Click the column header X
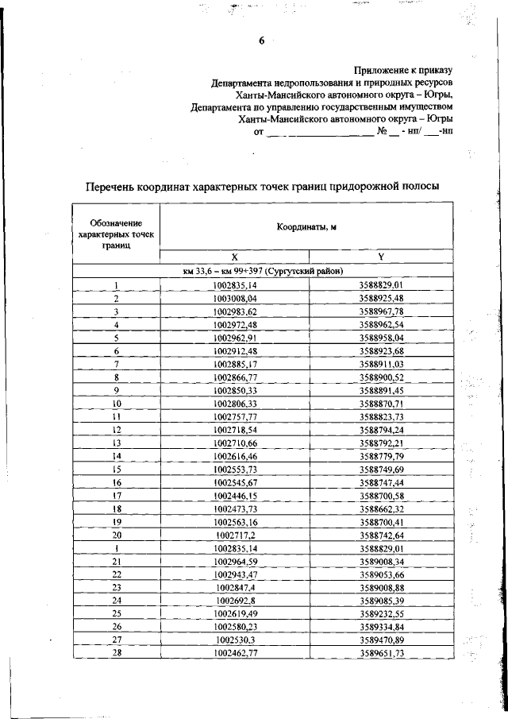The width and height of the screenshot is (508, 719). coord(235,257)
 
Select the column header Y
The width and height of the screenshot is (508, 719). coord(381,257)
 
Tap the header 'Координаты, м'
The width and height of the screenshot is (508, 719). coord(306,227)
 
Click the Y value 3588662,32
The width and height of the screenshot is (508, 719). coord(381,508)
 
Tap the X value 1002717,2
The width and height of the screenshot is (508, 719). coord(236,535)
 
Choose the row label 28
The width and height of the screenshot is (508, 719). coord(116,653)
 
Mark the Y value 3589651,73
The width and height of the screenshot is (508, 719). coord(381,653)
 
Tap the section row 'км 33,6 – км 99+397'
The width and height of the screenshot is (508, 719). coord(263,271)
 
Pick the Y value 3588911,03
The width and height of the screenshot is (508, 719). coord(381,364)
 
